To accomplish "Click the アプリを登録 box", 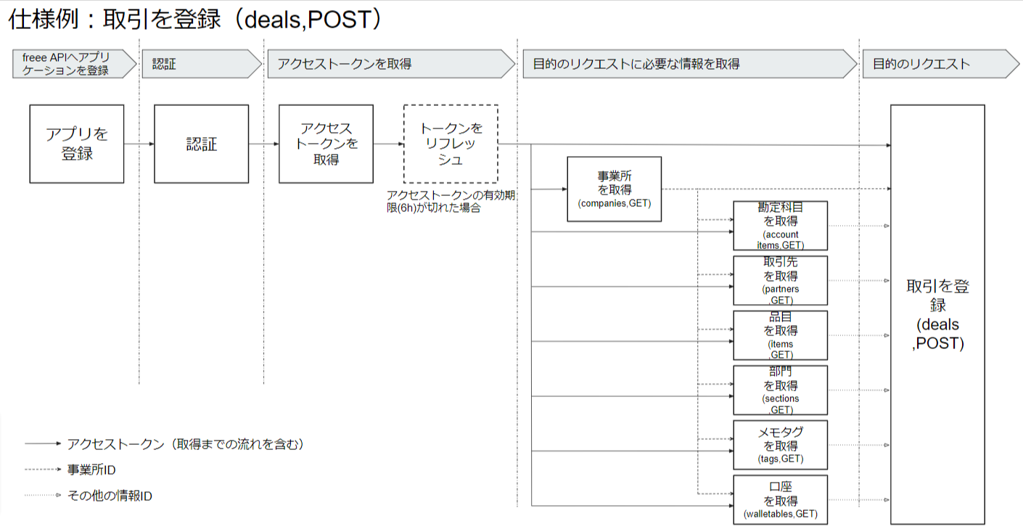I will click(76, 144).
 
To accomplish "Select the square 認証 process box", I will click(201, 144).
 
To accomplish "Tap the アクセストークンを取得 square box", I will click(326, 144).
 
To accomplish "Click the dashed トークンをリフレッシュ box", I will click(451, 144).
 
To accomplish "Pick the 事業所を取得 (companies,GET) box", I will click(614, 189).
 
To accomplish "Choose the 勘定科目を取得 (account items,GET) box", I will click(780, 226).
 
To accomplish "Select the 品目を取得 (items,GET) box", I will click(780, 335).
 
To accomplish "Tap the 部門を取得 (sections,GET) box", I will click(780, 390).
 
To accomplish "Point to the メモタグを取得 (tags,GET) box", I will click(780, 445).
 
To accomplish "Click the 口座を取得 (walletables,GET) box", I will click(780, 500).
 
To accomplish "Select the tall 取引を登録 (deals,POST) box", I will click(937, 314).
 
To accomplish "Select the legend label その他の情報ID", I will click(110, 496).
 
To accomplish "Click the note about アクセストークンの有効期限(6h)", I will click(451, 201).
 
